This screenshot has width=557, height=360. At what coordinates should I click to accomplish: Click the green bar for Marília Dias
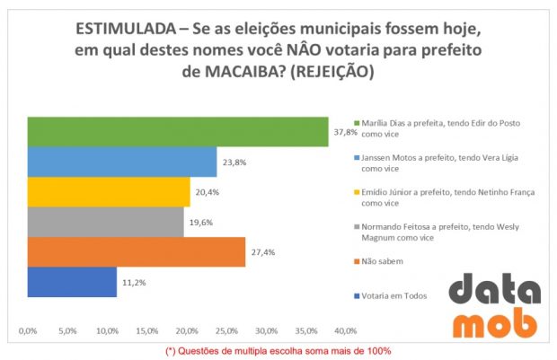(177, 131)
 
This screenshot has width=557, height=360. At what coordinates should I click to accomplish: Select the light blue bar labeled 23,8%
(121, 162)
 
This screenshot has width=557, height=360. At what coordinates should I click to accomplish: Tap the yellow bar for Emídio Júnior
(108, 191)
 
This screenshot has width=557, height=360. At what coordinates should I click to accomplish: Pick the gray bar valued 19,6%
(105, 221)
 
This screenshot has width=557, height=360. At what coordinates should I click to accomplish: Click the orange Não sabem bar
(136, 251)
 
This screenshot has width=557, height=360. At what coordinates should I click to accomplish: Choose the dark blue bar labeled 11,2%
(72, 281)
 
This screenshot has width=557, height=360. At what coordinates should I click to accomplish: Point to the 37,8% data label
(345, 132)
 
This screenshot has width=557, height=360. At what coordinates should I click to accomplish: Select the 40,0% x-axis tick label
(345, 329)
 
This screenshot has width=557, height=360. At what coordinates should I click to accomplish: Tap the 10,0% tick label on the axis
(107, 329)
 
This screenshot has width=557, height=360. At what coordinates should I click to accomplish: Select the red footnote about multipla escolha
(278, 350)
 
